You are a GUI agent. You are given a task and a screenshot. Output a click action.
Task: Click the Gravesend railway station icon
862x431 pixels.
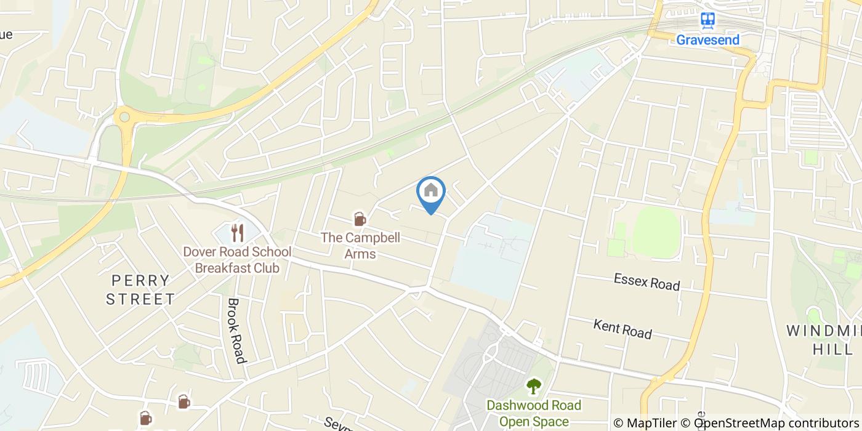point(708,20)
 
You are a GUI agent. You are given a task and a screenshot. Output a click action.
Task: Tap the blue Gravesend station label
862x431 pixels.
point(708,40)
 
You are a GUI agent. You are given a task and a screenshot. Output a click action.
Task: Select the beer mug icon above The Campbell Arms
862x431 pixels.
point(360,219)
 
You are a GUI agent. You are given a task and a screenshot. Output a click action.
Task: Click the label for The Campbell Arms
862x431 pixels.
point(360,245)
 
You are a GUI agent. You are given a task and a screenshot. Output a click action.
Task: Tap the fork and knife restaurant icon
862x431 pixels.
point(238,233)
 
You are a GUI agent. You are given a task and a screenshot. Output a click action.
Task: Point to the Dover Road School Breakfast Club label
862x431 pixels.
point(237,260)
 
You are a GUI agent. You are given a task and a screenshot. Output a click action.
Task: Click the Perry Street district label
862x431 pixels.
point(140,290)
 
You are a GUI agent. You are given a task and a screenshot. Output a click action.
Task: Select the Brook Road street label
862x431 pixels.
point(236,331)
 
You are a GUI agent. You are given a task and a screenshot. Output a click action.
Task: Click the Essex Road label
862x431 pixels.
point(647,282)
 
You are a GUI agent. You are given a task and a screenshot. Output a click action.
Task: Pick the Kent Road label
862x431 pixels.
point(622,329)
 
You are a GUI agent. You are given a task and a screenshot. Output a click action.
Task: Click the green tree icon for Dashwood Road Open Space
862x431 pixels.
point(533,386)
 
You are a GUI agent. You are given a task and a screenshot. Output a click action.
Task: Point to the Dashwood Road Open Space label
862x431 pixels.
point(534,413)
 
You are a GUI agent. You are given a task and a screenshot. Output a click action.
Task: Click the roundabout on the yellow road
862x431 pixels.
point(125,115)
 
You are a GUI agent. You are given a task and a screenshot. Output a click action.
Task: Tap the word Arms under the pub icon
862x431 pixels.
point(360,253)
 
